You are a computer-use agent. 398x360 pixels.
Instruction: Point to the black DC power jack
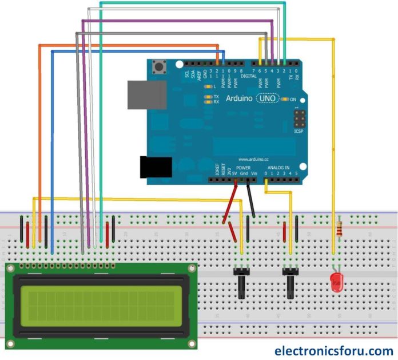[156, 166]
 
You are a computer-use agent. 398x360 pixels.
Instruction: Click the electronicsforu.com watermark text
[334, 350]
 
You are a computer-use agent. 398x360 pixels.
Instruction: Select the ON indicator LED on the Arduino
[284, 99]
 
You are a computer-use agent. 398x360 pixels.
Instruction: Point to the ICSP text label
[298, 131]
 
